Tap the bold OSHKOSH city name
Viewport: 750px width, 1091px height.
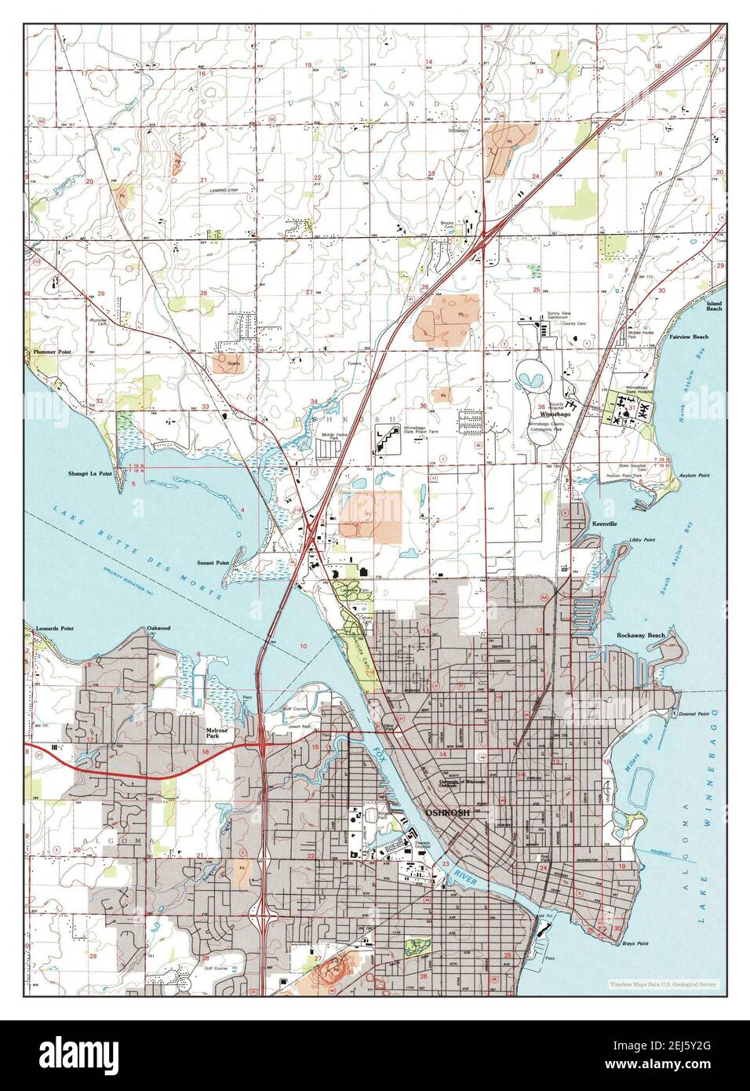click(447, 813)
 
